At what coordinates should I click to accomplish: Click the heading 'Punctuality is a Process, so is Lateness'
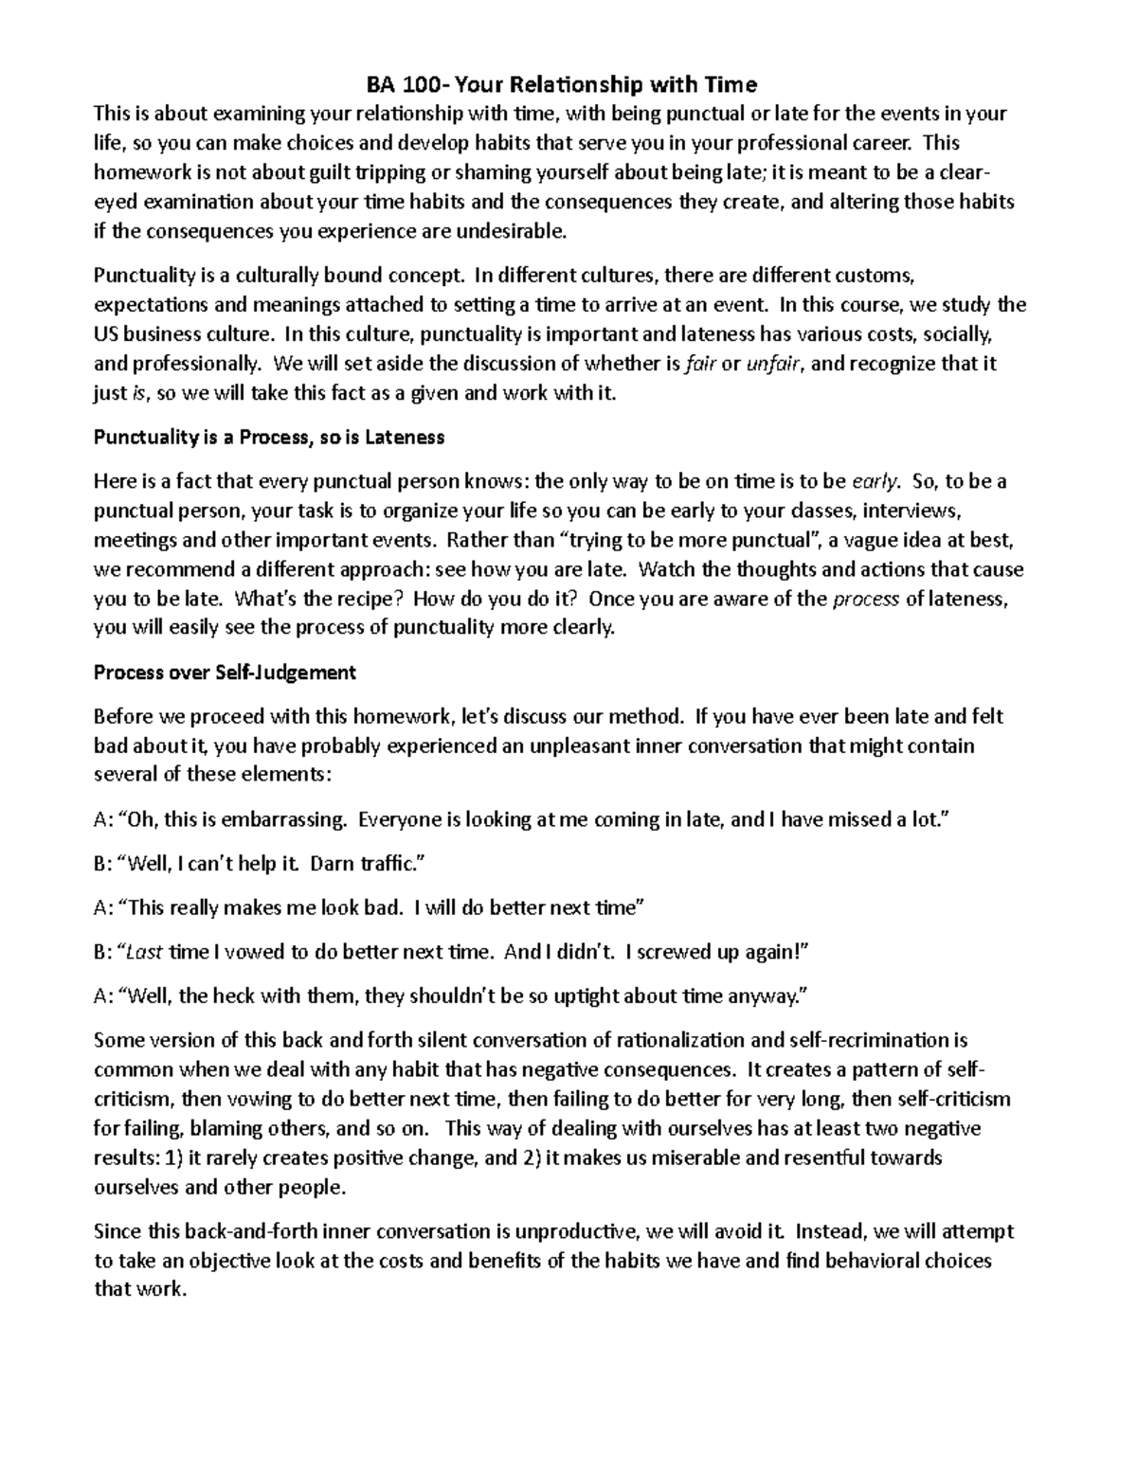coord(269,438)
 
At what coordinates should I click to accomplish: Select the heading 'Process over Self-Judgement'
coord(225,673)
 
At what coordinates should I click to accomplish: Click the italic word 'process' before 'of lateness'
coord(865,600)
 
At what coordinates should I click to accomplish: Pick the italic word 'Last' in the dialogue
coord(144,952)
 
